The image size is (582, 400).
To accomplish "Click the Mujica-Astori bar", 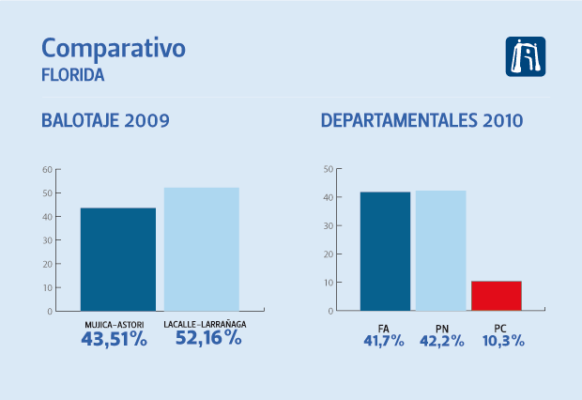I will (117, 259).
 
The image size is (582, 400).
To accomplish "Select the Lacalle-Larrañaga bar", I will (201, 249).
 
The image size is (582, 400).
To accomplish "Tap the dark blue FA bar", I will (385, 251).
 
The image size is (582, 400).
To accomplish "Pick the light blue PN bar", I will (440, 251).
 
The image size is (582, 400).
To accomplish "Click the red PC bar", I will (496, 296).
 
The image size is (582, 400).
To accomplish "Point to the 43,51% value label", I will (115, 340).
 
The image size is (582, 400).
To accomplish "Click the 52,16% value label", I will (208, 339).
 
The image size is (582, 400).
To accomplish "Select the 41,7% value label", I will (383, 341).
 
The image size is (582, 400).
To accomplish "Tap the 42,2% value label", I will (441, 341).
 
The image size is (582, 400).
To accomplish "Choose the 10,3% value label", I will (498, 341).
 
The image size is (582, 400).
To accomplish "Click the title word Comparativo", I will (114, 49).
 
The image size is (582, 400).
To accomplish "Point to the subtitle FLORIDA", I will (73, 73).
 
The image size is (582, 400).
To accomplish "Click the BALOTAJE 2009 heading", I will (105, 121).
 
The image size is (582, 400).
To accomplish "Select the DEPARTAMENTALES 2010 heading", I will (421, 121).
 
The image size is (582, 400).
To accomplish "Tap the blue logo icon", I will (525, 56).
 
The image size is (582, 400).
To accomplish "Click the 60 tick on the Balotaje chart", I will (47, 170).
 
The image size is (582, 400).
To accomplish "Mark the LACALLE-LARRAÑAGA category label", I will (205, 325).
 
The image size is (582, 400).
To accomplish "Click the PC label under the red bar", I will (498, 327).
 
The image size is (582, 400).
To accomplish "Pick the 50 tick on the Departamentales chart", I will (328, 169).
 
